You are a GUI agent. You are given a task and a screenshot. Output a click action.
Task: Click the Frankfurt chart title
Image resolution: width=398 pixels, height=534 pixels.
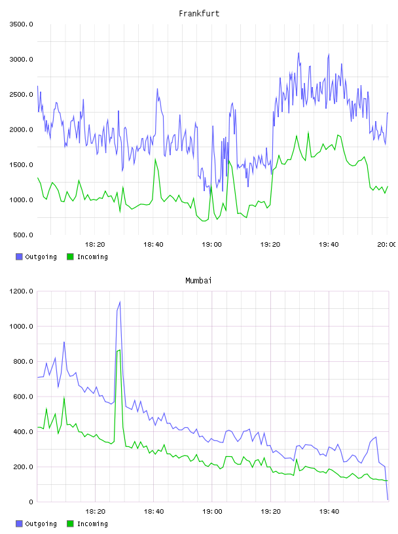coord(199,14)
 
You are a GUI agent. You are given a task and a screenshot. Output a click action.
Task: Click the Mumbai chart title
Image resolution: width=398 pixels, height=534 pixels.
coord(198,281)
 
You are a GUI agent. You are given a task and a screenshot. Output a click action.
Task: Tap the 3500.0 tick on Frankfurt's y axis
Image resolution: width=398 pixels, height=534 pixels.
coord(21,24)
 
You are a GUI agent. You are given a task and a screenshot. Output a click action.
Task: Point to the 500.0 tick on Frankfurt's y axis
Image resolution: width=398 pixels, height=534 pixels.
coord(23,235)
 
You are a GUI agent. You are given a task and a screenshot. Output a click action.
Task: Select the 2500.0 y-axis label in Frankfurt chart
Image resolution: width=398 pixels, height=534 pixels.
coord(21,94)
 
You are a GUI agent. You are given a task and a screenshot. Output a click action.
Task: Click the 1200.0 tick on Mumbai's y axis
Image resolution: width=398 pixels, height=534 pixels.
coord(21,291)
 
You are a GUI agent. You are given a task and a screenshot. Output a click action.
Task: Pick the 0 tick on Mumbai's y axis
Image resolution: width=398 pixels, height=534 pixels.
coord(31,502)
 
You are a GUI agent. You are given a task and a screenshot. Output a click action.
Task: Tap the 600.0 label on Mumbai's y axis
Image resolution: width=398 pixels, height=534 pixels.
coord(23,397)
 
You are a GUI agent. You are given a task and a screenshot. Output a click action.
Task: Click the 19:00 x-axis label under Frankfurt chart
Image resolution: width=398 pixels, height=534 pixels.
coord(211,245)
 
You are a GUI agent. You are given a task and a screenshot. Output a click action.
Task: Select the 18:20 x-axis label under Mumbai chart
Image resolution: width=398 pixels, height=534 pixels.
coord(95,512)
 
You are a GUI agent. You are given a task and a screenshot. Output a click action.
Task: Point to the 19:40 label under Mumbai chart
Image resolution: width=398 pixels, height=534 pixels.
coord(329,512)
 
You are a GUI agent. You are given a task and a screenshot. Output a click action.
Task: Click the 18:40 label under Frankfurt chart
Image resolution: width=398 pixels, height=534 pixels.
coord(153,245)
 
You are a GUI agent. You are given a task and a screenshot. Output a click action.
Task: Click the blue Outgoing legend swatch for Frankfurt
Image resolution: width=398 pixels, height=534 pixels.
coord(19,257)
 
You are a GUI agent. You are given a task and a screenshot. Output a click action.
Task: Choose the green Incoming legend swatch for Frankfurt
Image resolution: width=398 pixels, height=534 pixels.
coord(70,257)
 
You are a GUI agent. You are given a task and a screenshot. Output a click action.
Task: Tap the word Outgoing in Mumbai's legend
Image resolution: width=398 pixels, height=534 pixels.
coord(41,524)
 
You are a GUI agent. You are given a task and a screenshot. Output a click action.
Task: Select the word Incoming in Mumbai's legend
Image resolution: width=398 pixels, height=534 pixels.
coord(92,524)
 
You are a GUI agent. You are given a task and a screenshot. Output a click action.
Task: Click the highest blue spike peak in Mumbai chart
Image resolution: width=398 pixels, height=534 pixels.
coord(120,302)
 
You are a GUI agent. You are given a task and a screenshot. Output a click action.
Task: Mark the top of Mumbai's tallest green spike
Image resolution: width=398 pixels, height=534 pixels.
coord(120,349)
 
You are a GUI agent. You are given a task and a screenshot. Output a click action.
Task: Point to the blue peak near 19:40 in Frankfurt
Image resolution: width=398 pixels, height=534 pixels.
coord(329,54)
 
